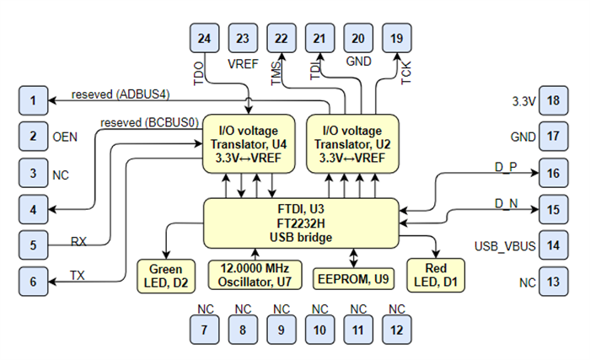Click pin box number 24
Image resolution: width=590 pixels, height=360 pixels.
[203, 38]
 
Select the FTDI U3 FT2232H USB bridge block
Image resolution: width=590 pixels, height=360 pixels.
[301, 223]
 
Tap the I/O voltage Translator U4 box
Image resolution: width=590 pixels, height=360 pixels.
[248, 143]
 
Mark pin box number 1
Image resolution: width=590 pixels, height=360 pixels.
[33, 101]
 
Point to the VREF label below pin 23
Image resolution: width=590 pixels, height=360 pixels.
[243, 62]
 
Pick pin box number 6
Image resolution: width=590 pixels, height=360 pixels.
[33, 282]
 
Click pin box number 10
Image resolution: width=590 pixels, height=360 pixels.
[319, 331]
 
